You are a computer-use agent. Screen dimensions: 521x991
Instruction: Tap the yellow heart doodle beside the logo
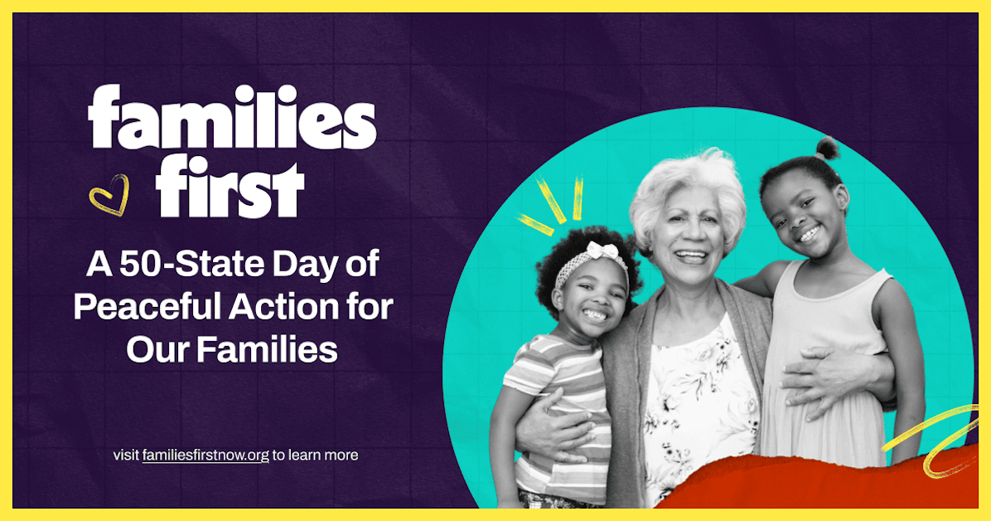[x=109, y=195]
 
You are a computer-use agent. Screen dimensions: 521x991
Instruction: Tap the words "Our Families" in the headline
[x=232, y=349]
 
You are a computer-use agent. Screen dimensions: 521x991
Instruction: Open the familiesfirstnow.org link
[x=205, y=455]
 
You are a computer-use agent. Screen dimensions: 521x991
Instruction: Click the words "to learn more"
[x=316, y=455]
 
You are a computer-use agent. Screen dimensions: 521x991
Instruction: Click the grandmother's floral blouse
[x=696, y=398]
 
